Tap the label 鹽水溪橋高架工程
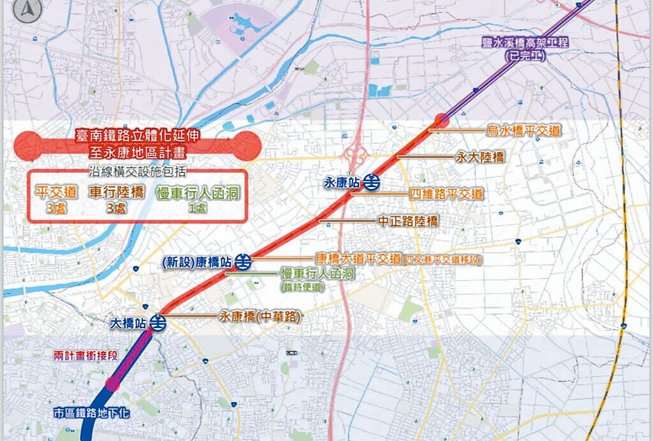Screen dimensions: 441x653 pyautogui.click(x=525, y=43)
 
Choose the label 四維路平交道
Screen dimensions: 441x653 pyautogui.click(x=446, y=194)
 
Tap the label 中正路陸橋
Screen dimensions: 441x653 pyautogui.click(x=407, y=221)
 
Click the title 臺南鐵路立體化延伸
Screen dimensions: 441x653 pyautogui.click(x=137, y=136)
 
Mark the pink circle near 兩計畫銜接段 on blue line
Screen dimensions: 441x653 pyautogui.click(x=113, y=384)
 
